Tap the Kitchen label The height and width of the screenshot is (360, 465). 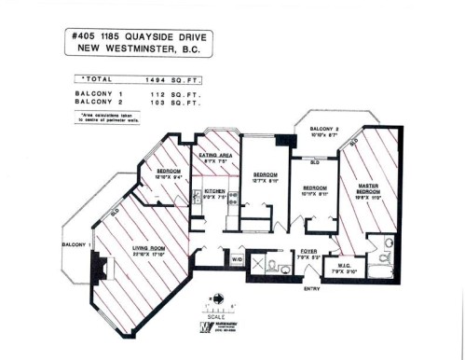(x=215, y=191)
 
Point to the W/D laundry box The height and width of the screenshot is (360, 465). (x=237, y=258)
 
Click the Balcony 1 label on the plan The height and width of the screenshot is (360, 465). (x=75, y=244)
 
